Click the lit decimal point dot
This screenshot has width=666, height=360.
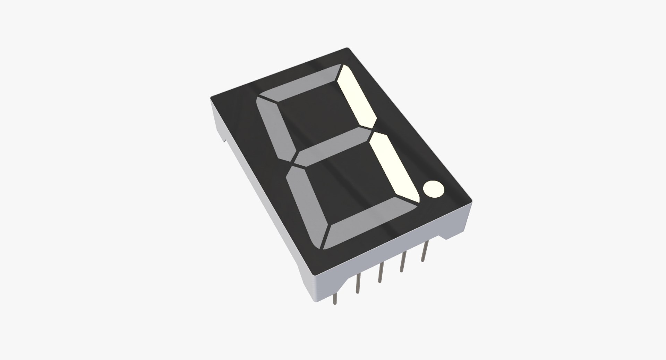tap(433, 189)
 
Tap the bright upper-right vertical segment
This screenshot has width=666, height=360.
tap(357, 97)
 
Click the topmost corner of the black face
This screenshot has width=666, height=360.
tap(347, 48)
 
